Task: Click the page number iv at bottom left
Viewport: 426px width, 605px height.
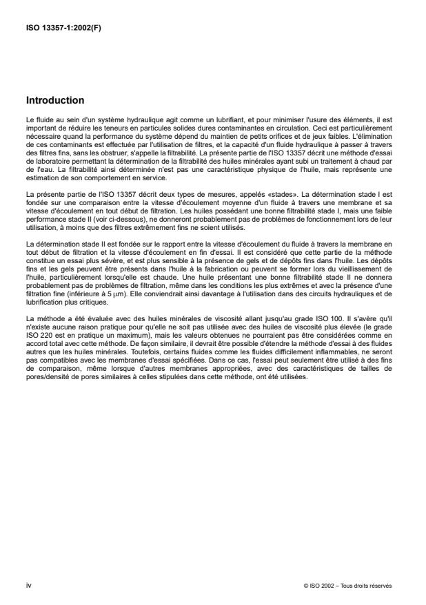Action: coord(28,585)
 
